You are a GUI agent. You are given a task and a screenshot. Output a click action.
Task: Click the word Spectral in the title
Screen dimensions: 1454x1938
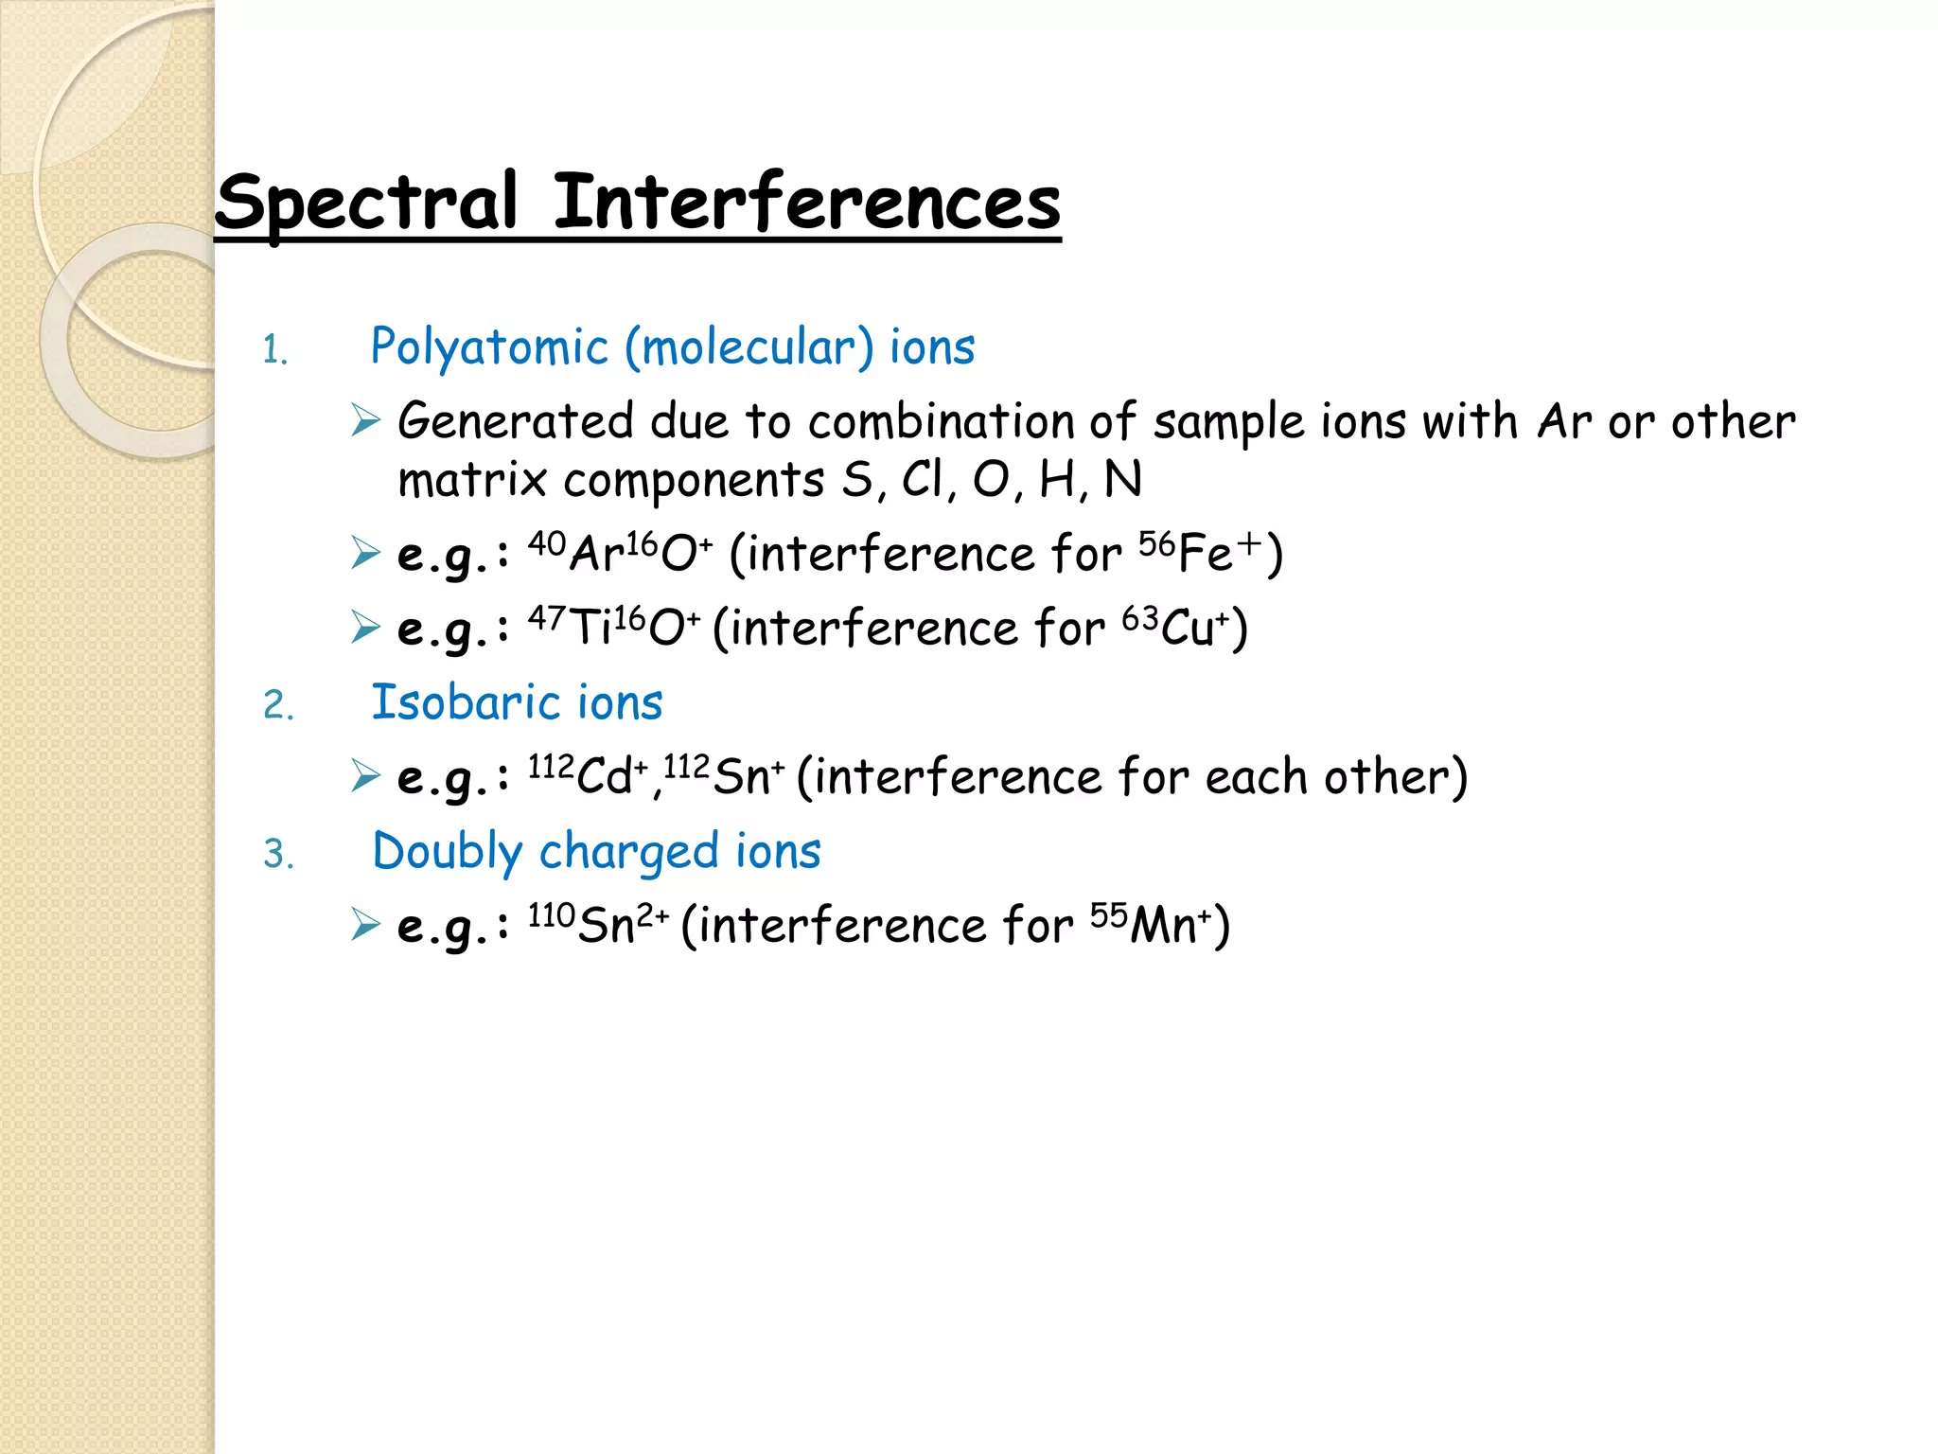(367, 203)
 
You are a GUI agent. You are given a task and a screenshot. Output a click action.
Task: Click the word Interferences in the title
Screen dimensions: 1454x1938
(806, 203)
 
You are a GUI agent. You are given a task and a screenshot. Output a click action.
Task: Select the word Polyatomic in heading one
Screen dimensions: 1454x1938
(489, 347)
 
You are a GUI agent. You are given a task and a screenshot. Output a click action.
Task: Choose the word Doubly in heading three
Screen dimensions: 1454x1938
(447, 852)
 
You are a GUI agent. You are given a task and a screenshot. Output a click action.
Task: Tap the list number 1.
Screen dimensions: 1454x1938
(273, 351)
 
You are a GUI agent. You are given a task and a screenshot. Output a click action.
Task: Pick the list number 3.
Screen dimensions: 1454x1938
(278, 855)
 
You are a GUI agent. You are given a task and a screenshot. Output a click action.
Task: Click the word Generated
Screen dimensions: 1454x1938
(515, 421)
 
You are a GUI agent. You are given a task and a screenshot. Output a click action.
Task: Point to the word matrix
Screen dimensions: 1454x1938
(471, 480)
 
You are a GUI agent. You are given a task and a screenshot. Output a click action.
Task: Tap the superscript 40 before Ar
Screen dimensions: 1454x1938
(547, 543)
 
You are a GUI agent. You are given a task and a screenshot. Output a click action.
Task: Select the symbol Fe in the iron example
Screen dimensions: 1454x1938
(1206, 555)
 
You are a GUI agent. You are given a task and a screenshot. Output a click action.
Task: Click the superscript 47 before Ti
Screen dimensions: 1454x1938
(547, 618)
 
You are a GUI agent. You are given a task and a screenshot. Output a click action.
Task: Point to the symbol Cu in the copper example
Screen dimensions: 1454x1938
(1188, 629)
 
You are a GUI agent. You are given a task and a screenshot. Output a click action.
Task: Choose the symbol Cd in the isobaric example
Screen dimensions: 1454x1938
(604, 778)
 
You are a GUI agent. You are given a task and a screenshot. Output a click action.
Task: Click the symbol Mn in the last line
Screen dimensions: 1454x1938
(1163, 927)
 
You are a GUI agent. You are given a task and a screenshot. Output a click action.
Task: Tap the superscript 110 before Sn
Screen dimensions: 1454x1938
(552, 915)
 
